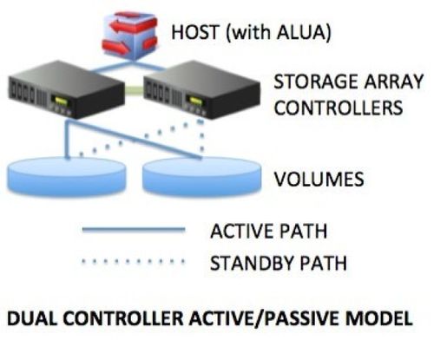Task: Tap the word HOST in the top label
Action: click(x=194, y=32)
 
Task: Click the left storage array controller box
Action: click(x=67, y=89)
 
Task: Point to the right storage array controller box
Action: click(x=201, y=89)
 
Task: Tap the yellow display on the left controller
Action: click(x=59, y=101)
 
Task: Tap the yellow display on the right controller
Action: click(x=194, y=101)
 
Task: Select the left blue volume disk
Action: click(x=67, y=176)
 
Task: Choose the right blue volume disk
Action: click(x=202, y=177)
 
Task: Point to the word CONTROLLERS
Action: click(x=339, y=108)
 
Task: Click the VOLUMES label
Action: click(x=319, y=180)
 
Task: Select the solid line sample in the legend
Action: click(x=134, y=230)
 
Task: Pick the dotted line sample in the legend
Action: click(x=133, y=261)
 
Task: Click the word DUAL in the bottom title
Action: click(x=31, y=318)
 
